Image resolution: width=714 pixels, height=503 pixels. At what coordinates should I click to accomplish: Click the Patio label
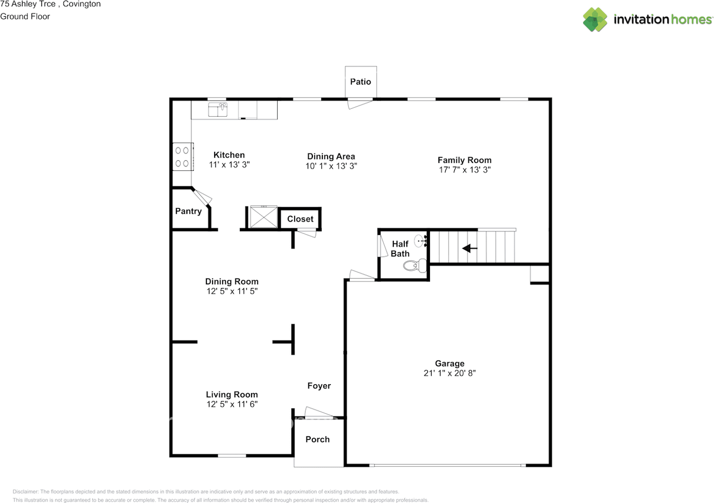(x=360, y=82)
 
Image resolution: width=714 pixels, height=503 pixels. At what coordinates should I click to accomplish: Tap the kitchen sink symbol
(x=218, y=109)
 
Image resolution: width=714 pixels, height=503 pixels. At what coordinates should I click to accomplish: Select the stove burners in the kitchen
(x=182, y=156)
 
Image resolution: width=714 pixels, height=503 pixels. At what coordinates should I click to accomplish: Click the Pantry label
(x=188, y=212)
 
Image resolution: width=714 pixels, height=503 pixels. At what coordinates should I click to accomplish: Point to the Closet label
(x=300, y=219)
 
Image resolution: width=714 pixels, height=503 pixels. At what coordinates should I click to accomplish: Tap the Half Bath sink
(x=419, y=241)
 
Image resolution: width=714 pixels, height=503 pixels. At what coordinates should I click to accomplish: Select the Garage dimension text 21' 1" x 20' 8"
(x=449, y=373)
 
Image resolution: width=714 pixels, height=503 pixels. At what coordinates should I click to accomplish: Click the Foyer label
(x=319, y=386)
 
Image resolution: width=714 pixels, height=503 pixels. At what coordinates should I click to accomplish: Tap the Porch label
(x=317, y=439)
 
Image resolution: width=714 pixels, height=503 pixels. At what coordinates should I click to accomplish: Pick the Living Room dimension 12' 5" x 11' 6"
(x=231, y=404)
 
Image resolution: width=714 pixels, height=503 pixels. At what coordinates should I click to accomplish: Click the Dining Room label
(x=231, y=281)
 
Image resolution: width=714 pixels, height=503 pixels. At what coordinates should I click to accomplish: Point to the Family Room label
(x=464, y=160)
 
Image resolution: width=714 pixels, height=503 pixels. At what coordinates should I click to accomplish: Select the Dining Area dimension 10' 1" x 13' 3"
(x=331, y=166)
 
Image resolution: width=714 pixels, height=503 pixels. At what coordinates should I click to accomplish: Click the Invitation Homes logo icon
(x=595, y=20)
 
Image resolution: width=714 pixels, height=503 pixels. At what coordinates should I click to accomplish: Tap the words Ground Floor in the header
(x=25, y=17)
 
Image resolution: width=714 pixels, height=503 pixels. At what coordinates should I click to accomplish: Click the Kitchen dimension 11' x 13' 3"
(x=229, y=165)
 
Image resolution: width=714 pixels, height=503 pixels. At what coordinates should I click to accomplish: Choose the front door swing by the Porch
(x=318, y=413)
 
